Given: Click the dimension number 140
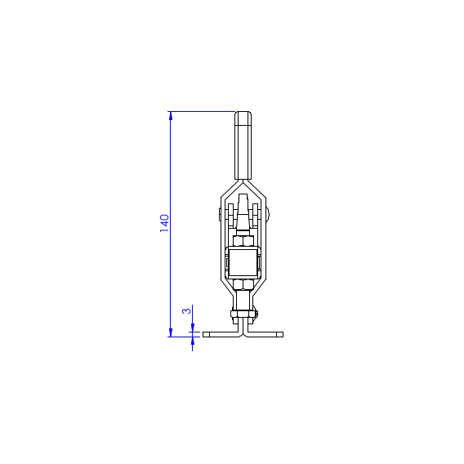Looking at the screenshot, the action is [164, 223].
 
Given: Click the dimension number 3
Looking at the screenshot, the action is [187, 311].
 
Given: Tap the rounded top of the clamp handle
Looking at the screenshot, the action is [243, 114].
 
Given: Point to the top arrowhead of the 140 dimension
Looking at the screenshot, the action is [170, 116].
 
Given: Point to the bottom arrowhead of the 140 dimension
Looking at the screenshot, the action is [170, 332].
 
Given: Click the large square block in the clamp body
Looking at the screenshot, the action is [243, 262].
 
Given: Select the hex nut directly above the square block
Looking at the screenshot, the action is [243, 241].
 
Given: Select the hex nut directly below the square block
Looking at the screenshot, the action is [243, 284].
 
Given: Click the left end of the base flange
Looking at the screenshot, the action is [206, 334].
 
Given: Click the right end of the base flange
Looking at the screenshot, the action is [279, 334].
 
